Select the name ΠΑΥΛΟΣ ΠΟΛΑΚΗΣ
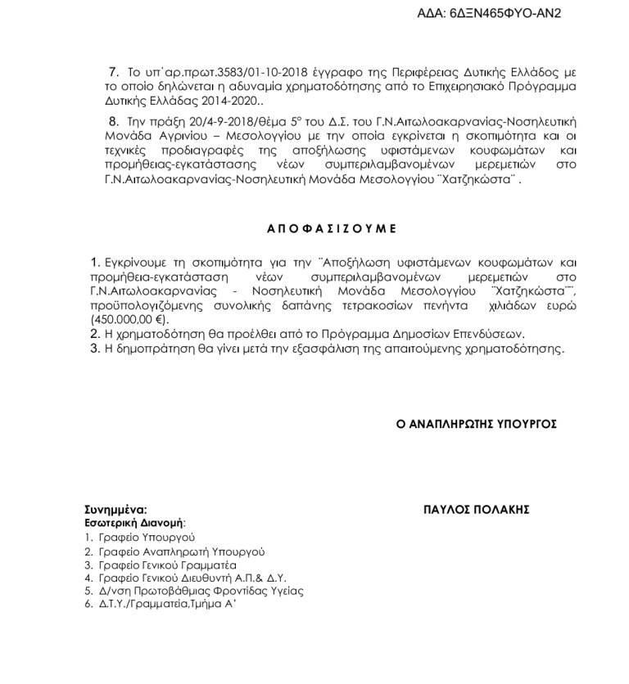coord(477,510)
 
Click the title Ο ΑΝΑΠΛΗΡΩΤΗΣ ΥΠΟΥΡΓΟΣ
coord(477,424)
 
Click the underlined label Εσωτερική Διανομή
coord(134,521)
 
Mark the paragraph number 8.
coord(114,122)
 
